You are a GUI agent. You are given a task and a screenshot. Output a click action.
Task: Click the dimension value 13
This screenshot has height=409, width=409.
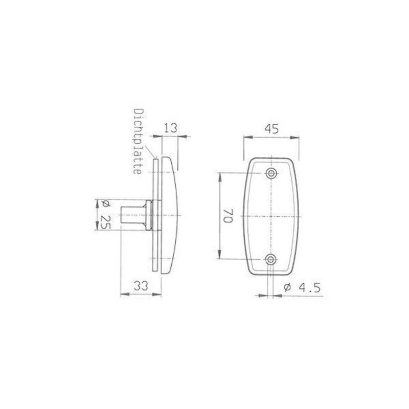(170, 128)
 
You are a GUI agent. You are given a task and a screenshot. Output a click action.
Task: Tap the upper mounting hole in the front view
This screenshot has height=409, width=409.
(271, 173)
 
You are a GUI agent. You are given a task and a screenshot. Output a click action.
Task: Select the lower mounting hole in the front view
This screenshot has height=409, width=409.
(271, 259)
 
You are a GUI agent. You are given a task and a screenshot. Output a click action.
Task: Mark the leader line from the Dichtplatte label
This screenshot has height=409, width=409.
(150, 151)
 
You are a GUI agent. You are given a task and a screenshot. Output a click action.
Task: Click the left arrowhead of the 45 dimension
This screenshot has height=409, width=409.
(245, 137)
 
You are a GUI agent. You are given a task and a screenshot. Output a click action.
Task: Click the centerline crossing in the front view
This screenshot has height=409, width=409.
(271, 216)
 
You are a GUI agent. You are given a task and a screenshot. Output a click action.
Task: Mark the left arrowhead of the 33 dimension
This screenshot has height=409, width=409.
(122, 294)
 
